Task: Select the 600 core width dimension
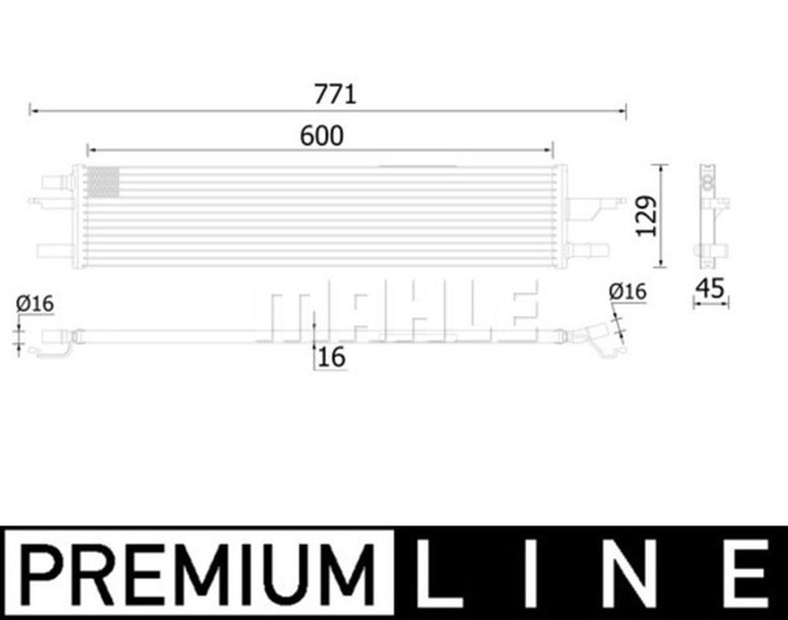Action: tap(321, 136)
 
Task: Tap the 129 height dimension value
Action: tap(646, 216)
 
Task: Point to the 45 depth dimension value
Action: tap(710, 288)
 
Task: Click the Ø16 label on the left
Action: tap(35, 304)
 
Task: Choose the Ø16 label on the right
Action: tap(627, 291)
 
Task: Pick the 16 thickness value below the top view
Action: tap(332, 357)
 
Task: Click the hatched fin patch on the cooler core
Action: tap(102, 182)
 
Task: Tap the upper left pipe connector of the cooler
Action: tap(54, 183)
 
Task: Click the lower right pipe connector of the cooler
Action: tap(588, 251)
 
